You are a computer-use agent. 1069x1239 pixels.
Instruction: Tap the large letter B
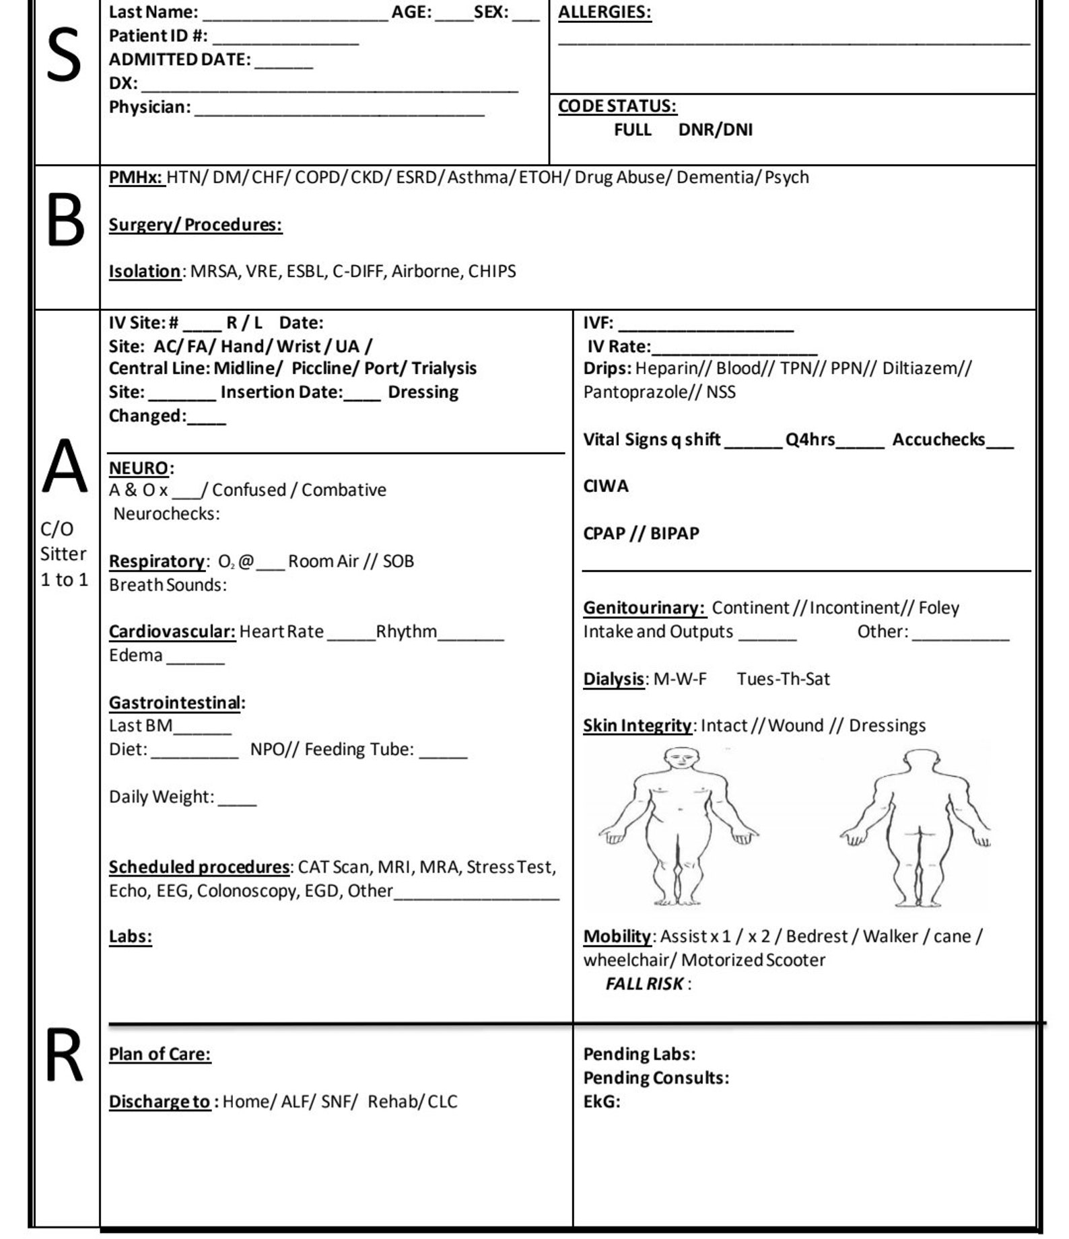click(65, 220)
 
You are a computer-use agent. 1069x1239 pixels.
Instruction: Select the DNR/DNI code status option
click(715, 130)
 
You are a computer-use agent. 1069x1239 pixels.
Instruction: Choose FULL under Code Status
click(632, 130)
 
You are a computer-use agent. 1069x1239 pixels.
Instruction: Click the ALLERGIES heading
click(604, 12)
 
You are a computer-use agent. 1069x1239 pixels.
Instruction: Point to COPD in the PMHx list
click(320, 178)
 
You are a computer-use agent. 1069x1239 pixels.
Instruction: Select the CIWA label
click(605, 487)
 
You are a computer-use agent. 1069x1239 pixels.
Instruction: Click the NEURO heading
click(139, 468)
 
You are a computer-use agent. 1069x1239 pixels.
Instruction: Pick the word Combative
click(343, 491)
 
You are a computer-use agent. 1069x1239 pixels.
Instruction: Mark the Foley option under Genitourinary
click(938, 608)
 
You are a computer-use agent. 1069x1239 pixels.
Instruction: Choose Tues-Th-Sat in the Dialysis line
click(783, 679)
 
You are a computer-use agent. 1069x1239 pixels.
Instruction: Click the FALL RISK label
click(644, 984)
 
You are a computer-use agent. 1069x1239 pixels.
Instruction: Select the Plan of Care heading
click(160, 1054)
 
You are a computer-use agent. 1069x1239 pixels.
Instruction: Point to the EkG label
click(601, 1102)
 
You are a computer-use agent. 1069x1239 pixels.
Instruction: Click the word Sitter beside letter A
click(63, 555)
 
